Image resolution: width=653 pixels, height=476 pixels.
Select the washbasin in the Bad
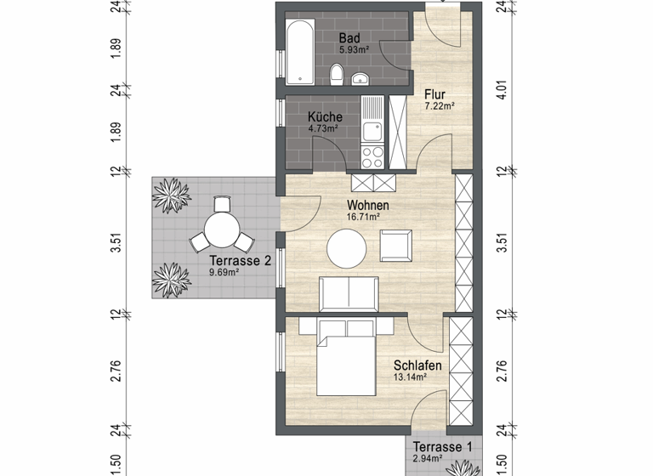pos(361,81)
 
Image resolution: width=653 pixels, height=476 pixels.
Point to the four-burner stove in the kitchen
pos(372,156)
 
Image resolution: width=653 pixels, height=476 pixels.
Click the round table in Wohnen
pos(347,249)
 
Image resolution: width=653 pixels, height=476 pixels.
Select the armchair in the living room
pos(395,246)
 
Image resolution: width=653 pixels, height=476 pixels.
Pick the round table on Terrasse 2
pos(221,229)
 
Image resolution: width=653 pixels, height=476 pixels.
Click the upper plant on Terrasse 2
pos(170,195)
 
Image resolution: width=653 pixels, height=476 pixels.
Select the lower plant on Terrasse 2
pos(170,278)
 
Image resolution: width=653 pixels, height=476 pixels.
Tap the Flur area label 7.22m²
pos(440,106)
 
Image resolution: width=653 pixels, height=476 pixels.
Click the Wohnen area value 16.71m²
pos(363,217)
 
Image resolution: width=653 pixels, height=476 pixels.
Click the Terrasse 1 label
pos(441,447)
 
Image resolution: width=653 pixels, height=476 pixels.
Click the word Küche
pos(326,117)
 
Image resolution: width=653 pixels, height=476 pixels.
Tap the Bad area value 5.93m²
pos(349,50)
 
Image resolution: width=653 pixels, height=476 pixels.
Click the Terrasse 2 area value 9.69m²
pos(224,273)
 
